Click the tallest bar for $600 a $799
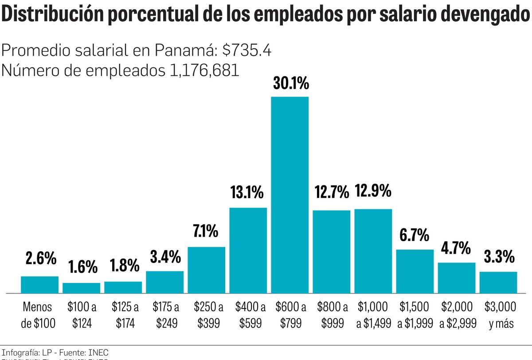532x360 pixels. pyautogui.click(x=289, y=195)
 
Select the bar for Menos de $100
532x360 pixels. pyautogui.click(x=39, y=285)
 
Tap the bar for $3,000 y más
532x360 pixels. pyautogui.click(x=498, y=282)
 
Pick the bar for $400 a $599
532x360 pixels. pyautogui.click(x=248, y=250)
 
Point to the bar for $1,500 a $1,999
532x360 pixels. pyautogui.click(x=415, y=271)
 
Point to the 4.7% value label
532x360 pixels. pyautogui.click(x=456, y=248)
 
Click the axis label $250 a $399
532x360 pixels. pyautogui.click(x=206, y=315)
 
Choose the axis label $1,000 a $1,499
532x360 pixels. pyautogui.click(x=373, y=315)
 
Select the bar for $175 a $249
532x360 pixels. pyautogui.click(x=164, y=282)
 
